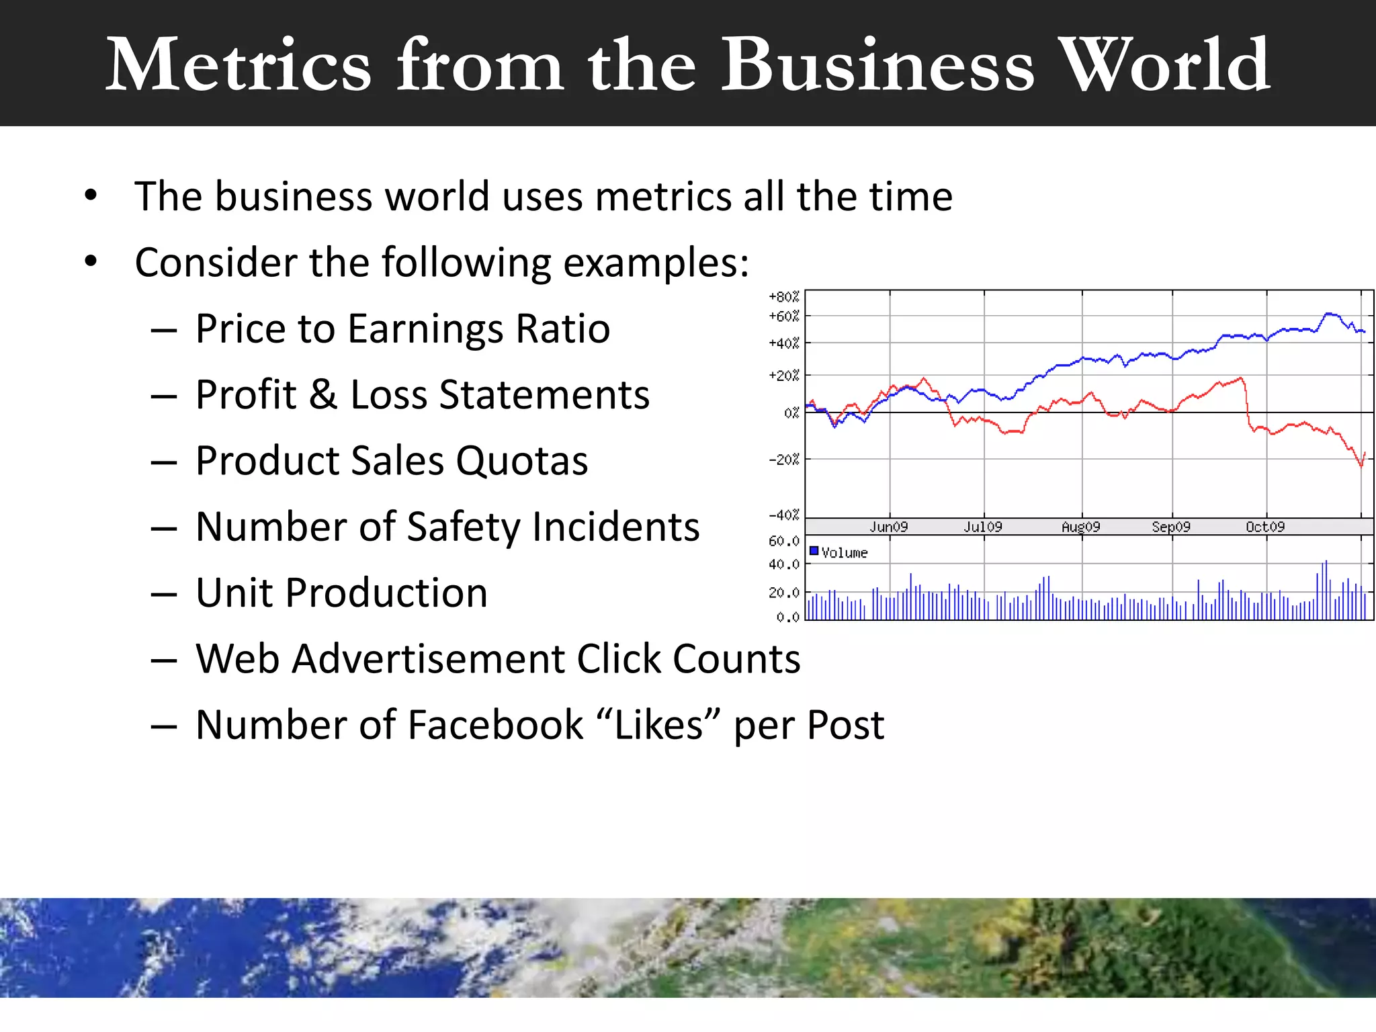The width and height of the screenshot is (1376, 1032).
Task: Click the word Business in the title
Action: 877,65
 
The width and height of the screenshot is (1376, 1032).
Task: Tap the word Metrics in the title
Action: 239,65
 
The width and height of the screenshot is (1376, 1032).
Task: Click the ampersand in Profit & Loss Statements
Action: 323,394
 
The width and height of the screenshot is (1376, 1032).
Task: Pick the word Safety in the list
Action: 464,527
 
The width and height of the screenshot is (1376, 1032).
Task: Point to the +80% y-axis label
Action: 784,297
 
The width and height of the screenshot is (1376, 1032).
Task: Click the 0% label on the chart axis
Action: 791,413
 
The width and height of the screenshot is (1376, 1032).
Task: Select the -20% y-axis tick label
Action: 784,460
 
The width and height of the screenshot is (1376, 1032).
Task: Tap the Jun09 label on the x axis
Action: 889,527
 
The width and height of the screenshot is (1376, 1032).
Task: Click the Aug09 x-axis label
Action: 1080,527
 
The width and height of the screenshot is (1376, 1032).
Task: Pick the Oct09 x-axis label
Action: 1265,527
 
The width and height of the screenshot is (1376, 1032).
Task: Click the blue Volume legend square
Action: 814,552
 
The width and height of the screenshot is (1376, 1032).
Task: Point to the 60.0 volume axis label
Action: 784,541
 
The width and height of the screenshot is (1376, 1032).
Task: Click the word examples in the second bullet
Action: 656,263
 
